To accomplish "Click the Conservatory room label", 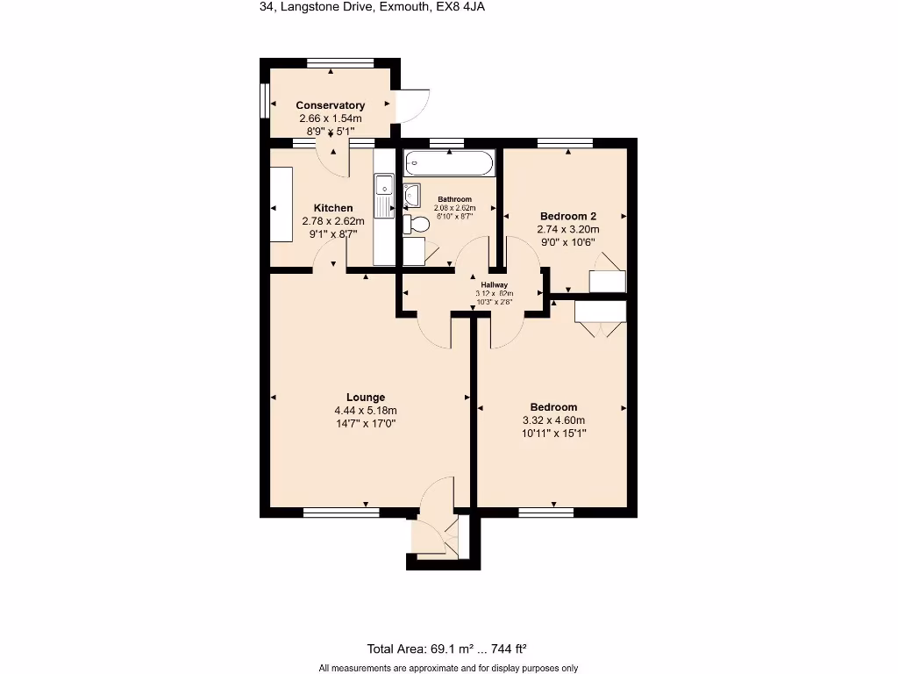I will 330,105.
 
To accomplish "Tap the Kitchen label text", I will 333,208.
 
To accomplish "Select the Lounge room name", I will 365,397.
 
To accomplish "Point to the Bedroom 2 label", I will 568,216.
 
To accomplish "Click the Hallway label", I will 494,284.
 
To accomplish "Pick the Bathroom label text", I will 454,199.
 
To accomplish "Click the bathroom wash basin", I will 412,194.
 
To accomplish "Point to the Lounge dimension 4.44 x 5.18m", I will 365,410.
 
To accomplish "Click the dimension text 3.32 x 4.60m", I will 553,419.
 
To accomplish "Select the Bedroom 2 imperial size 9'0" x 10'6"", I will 568,242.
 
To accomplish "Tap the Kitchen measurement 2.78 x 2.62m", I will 333,221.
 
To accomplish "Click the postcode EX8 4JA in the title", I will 460,7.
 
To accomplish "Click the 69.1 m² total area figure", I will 452,649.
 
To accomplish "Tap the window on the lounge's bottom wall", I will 341,512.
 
